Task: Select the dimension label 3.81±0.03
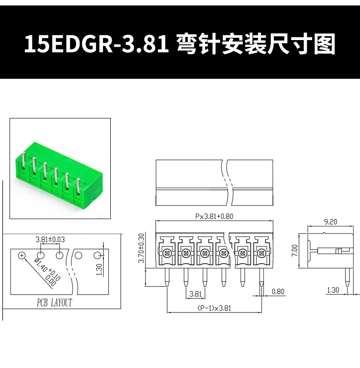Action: coord(50,239)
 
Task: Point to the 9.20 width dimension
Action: coord(330,222)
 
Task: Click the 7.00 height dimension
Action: coord(294,251)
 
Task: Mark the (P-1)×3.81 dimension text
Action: coord(214,308)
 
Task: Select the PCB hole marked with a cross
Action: coord(22,256)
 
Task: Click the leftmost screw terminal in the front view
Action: coord(166,253)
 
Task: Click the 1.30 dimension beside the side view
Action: coord(333,290)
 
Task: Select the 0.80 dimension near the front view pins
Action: coord(278,291)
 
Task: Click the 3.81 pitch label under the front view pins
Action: coord(195,294)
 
